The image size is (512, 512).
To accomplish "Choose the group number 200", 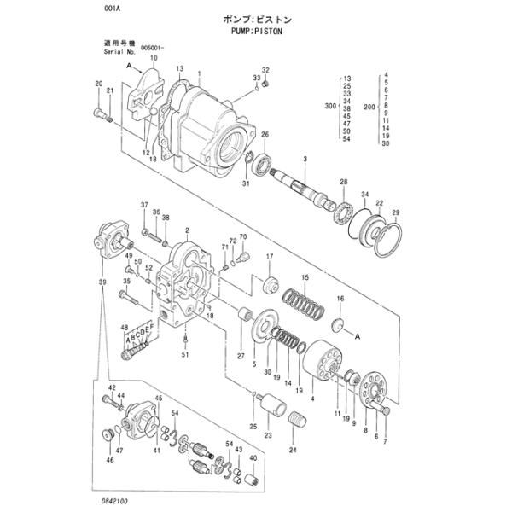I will pos(369,106).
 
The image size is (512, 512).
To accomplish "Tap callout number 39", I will pos(102,282).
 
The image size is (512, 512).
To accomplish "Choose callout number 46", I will pos(108,460).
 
